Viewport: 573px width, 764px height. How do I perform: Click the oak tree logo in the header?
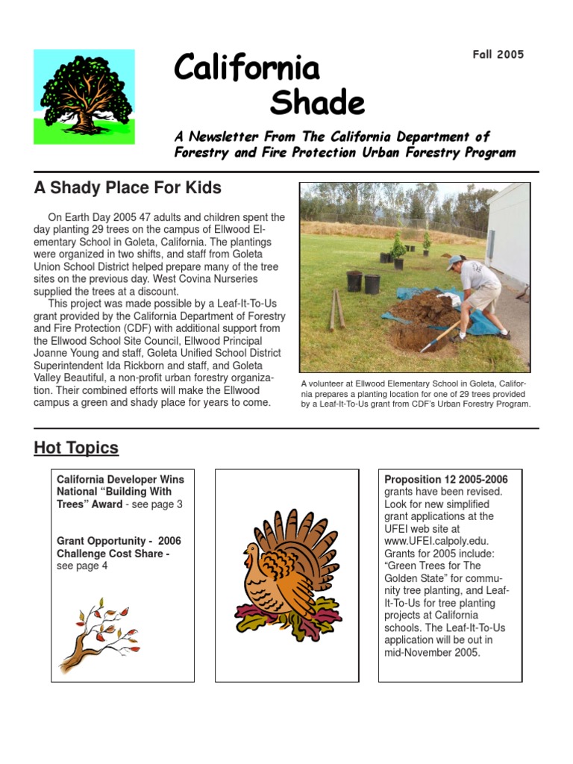point(84,96)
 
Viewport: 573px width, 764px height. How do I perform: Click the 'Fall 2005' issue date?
point(498,54)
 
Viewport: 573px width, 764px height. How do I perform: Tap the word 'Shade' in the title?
point(317,103)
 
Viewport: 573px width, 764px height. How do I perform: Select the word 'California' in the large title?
point(247,68)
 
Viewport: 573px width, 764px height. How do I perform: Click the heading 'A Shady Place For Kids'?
point(128,187)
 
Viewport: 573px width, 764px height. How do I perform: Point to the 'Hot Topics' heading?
point(76,448)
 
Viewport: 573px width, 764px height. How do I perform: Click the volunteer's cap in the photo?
point(454,262)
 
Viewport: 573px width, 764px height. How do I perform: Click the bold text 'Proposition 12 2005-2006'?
point(445,479)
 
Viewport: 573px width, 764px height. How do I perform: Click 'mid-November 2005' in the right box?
point(433,652)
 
